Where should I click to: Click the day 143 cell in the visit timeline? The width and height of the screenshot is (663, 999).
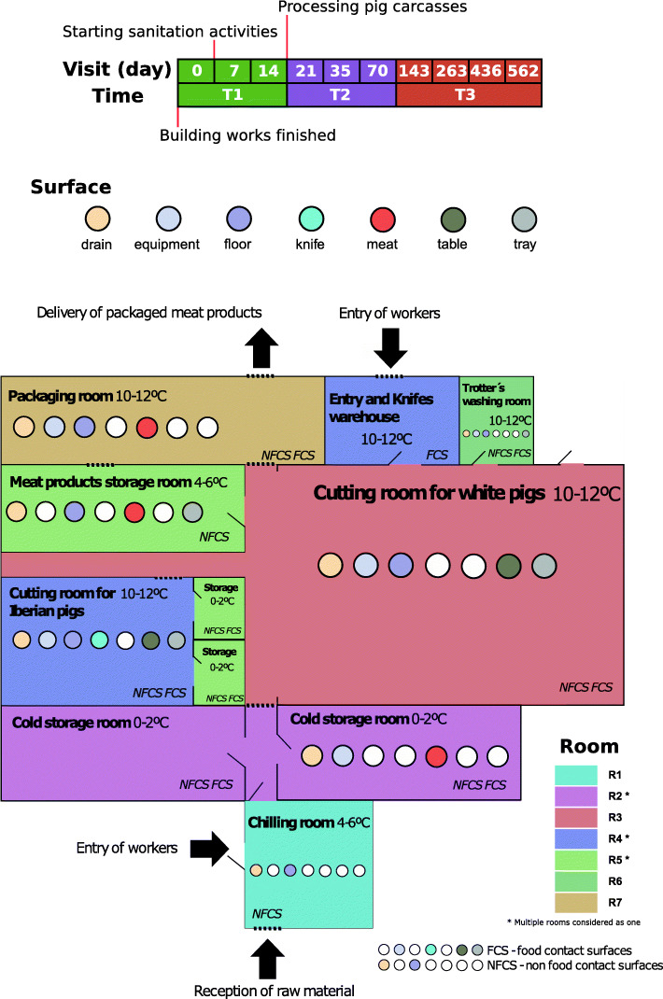[415, 71]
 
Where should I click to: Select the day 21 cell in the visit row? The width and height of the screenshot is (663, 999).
[305, 71]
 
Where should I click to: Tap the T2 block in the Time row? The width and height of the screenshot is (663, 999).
[341, 95]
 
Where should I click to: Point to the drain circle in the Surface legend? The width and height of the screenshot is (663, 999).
[97, 219]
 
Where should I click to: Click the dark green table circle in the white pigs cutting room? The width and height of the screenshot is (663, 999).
[509, 565]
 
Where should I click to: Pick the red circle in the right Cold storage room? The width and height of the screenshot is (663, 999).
[436, 755]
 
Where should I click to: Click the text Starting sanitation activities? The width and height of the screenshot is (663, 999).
[170, 32]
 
